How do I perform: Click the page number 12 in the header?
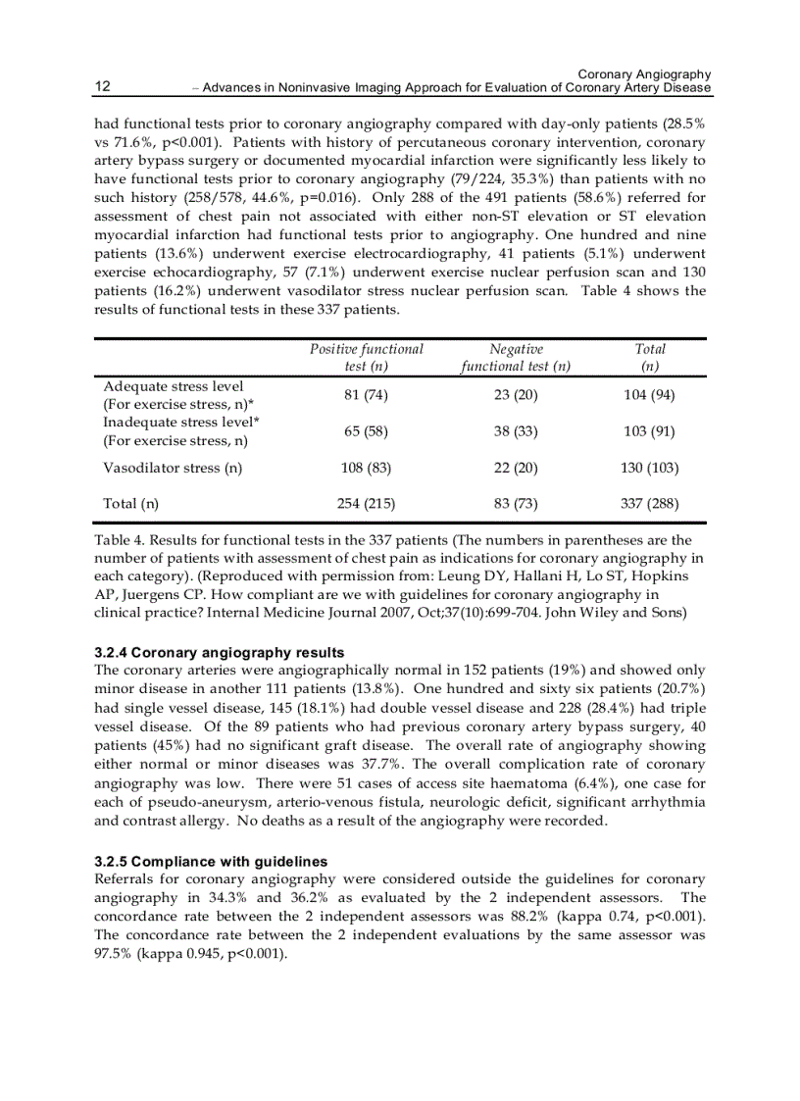pyautogui.click(x=102, y=87)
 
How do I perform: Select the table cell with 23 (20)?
pyautogui.click(x=516, y=395)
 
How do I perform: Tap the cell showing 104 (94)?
pyautogui.click(x=649, y=395)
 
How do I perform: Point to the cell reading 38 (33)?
pyautogui.click(x=516, y=431)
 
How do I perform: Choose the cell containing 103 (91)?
pyautogui.click(x=649, y=431)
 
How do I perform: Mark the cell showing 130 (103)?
pyautogui.click(x=649, y=468)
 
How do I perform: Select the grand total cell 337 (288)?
pyautogui.click(x=649, y=504)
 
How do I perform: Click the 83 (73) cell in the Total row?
pyautogui.click(x=516, y=504)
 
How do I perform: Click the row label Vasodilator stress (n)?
pyautogui.click(x=173, y=468)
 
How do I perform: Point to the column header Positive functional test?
pyautogui.click(x=367, y=357)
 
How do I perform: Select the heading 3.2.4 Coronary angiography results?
pyautogui.click(x=219, y=653)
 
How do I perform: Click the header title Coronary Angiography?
pyautogui.click(x=644, y=75)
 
